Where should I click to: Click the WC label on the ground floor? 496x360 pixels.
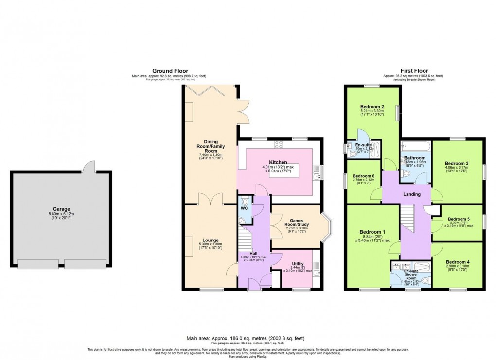244,209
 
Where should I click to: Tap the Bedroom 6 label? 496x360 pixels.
364,176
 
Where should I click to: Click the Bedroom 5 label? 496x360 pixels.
459,219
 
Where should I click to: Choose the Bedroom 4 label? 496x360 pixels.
457,262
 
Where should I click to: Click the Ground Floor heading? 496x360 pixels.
170,71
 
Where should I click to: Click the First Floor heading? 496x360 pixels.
413,71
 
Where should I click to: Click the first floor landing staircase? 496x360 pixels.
407,219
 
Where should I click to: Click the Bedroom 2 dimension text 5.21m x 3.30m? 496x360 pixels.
372,111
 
